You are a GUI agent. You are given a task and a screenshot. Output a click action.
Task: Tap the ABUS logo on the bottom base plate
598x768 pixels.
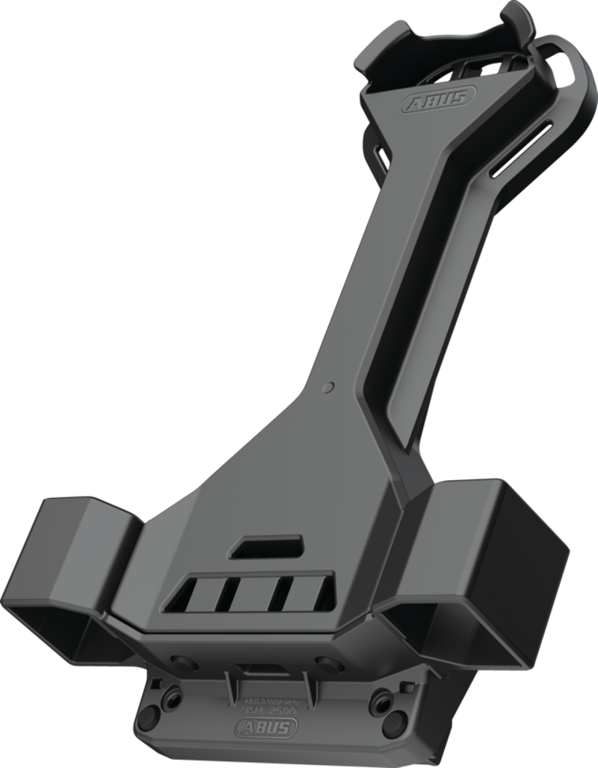tap(265, 726)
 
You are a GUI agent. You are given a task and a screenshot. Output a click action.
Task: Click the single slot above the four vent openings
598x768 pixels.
tap(266, 546)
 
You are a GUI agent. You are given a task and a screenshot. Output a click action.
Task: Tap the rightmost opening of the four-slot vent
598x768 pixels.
tap(323, 593)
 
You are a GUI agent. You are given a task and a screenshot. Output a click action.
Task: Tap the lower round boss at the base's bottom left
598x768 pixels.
tap(148, 719)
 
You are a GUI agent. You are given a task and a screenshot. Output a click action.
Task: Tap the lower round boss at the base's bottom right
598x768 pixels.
tap(394, 723)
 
